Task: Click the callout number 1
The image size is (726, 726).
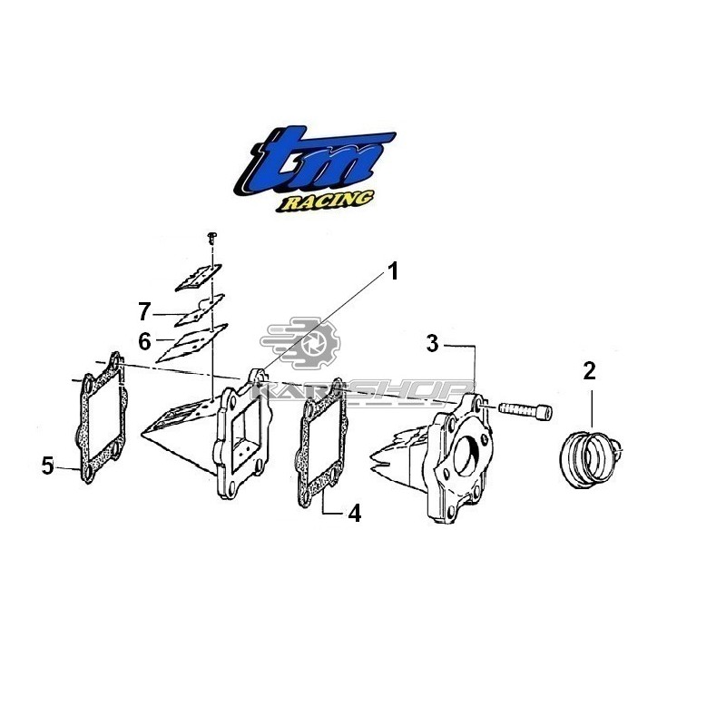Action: tap(393, 271)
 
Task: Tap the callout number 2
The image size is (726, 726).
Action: tap(589, 371)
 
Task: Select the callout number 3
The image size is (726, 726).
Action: tap(433, 345)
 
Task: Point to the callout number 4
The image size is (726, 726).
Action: tap(355, 514)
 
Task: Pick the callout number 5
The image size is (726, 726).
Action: tap(48, 466)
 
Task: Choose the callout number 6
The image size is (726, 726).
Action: tap(145, 342)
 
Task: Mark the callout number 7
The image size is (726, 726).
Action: tap(144, 311)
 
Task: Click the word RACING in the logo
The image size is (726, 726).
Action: tap(325, 201)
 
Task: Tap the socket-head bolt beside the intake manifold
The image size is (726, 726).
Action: tap(525, 410)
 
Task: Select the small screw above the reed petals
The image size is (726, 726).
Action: tap(212, 238)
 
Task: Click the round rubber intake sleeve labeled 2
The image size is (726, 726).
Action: tap(589, 459)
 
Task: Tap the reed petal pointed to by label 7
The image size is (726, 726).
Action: tap(200, 310)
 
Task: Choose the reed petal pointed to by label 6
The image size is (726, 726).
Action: tap(192, 343)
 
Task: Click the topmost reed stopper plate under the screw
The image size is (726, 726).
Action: tap(198, 278)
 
